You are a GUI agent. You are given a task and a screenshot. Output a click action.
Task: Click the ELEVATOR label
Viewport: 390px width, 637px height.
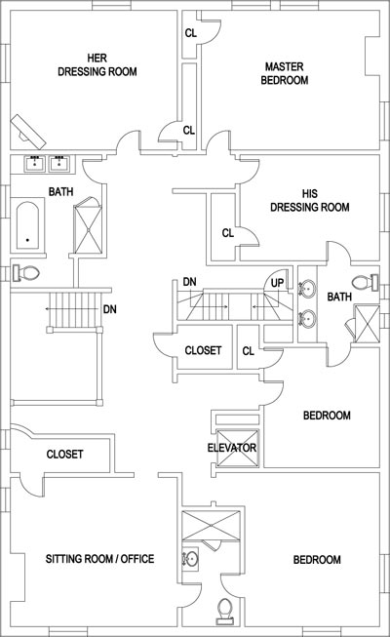232,448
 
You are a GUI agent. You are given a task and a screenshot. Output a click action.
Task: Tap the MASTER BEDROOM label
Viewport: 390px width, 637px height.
285,73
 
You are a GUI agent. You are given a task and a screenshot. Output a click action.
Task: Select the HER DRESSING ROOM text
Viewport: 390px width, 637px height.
97,64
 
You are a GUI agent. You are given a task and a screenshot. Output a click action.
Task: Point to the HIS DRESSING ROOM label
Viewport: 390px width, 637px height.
310,200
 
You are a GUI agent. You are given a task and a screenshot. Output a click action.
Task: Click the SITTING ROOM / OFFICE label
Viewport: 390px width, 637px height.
99,559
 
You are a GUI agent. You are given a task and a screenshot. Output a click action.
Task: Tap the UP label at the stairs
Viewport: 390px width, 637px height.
278,283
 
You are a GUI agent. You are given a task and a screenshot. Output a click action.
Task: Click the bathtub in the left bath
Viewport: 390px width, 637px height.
27,225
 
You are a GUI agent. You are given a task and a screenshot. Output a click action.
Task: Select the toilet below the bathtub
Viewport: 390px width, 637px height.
26,272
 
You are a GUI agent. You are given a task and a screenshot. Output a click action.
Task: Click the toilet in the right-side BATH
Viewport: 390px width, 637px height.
365,282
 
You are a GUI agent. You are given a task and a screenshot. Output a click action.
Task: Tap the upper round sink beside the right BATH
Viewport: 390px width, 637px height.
307,289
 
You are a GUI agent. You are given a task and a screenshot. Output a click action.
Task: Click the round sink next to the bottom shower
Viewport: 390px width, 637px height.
190,559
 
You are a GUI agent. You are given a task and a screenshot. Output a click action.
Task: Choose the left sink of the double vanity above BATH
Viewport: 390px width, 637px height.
35,163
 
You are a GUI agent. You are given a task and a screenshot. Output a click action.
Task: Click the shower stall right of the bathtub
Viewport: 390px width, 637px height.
88,226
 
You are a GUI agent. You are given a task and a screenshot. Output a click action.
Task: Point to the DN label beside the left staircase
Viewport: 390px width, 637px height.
109,309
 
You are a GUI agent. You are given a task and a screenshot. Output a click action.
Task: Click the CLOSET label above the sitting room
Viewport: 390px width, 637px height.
65,454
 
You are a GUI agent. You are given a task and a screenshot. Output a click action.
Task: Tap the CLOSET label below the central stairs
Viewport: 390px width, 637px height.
203,350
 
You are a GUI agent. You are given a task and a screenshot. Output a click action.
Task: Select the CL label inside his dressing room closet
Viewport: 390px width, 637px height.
228,233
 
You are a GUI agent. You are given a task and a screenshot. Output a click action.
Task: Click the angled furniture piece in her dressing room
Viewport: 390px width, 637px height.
28,132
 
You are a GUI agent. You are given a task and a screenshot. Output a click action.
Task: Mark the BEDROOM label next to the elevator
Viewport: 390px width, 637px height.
327,416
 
